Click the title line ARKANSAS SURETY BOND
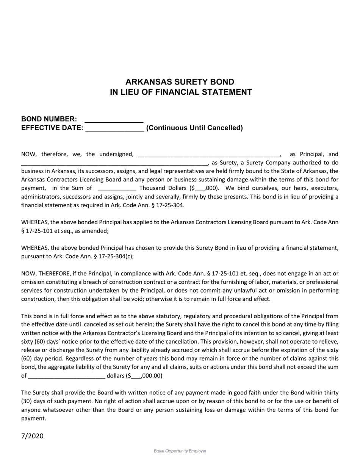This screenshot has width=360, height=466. click(180, 82)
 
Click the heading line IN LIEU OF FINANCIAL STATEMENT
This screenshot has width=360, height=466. click(181, 92)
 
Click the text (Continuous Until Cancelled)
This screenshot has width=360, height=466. click(194, 128)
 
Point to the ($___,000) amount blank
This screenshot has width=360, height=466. click(200, 188)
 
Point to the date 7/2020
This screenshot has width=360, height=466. click(32, 436)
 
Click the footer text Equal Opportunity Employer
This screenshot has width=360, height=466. click(180, 451)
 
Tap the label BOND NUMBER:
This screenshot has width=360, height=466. click(49, 119)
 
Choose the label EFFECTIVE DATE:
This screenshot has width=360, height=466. click(52, 128)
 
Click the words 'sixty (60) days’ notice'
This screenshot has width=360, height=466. click(49, 342)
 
